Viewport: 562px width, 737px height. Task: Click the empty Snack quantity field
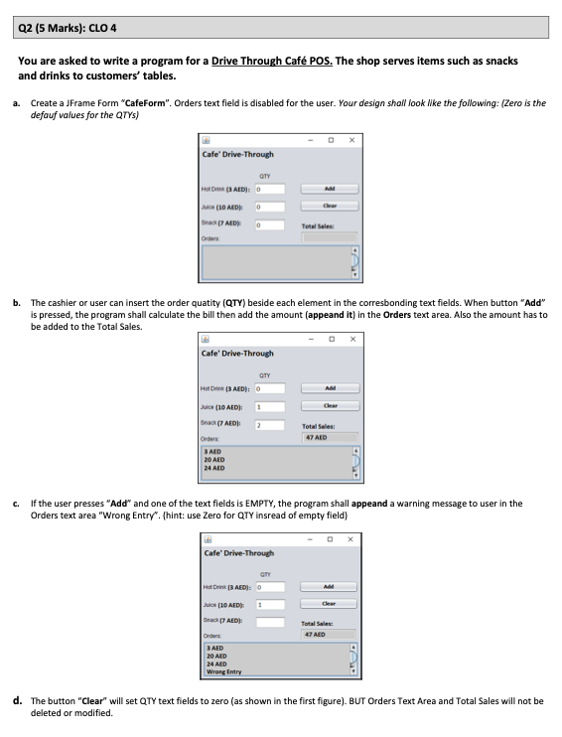(270, 623)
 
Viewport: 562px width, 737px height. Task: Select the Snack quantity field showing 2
(270, 424)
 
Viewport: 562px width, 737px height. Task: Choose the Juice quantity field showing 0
(270, 207)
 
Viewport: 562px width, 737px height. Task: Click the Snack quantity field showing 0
(270, 225)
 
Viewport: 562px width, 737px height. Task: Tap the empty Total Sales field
(330, 238)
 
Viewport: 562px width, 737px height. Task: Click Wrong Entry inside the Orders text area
(223, 672)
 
